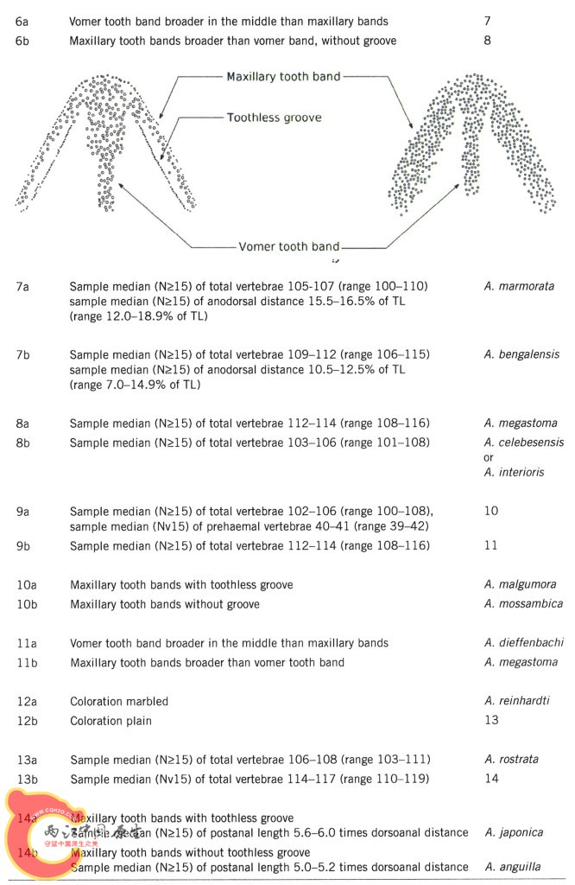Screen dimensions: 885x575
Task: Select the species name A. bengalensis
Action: click(x=521, y=354)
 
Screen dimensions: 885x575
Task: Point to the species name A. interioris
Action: click(x=515, y=473)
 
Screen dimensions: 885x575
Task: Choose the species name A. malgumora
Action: click(x=521, y=584)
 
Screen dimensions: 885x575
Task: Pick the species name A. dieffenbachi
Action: click(x=523, y=643)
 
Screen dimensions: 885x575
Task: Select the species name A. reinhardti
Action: click(x=517, y=701)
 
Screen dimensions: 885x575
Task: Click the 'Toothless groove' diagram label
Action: click(x=274, y=118)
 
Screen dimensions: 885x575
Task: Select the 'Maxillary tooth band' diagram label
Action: click(x=283, y=77)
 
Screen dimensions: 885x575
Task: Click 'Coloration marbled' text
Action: click(x=119, y=701)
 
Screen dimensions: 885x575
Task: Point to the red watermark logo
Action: click(x=39, y=834)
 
